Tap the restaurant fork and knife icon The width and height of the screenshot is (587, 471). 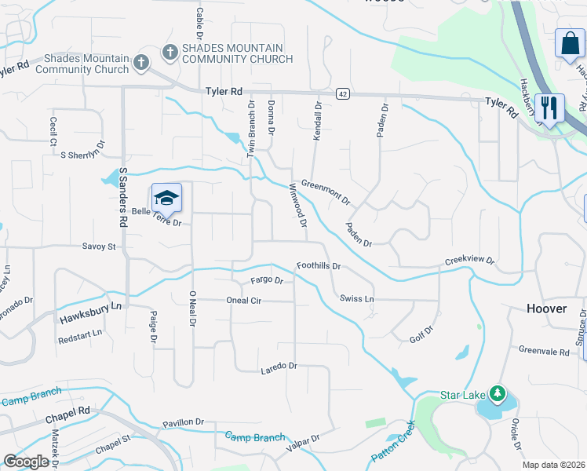click(x=549, y=108)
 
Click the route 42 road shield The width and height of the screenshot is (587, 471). click(x=342, y=93)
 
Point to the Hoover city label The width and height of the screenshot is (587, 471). click(x=546, y=309)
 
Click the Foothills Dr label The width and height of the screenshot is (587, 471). click(x=318, y=266)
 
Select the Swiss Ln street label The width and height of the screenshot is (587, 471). click(x=357, y=299)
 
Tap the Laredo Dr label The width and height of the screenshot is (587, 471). click(x=279, y=366)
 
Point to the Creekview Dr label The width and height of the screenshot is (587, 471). click(x=470, y=260)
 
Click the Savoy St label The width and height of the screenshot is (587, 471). click(x=99, y=246)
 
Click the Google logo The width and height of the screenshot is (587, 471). click(x=27, y=462)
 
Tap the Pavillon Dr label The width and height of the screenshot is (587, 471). click(x=184, y=422)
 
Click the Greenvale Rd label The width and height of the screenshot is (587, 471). click(x=543, y=352)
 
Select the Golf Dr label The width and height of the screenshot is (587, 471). click(x=421, y=335)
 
